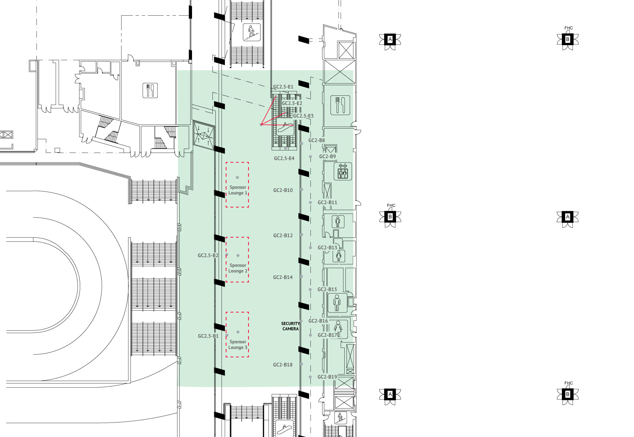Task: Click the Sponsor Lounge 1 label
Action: pyautogui.click(x=238, y=190)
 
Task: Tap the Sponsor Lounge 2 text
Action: pyautogui.click(x=238, y=268)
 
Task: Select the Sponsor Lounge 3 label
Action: pyautogui.click(x=238, y=345)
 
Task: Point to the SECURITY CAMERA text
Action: pyautogui.click(x=290, y=326)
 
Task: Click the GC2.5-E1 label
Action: pyautogui.click(x=283, y=87)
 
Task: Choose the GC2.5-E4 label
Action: pyautogui.click(x=284, y=158)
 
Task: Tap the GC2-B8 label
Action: pyautogui.click(x=317, y=140)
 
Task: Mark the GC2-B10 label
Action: pyautogui.click(x=283, y=190)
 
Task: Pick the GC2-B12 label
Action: pyautogui.click(x=283, y=236)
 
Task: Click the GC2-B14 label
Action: pyautogui.click(x=283, y=277)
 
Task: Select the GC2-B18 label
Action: pyautogui.click(x=283, y=365)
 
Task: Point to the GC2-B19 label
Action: pyautogui.click(x=327, y=377)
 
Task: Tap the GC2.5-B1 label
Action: pyautogui.click(x=208, y=336)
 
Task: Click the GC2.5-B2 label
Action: pyautogui.click(x=208, y=255)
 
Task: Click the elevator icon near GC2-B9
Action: pyautogui.click(x=343, y=171)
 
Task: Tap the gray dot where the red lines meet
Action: pyautogui.click(x=261, y=125)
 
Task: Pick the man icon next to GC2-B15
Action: pyautogui.click(x=337, y=303)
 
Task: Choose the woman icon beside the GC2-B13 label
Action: pyautogui.click(x=339, y=256)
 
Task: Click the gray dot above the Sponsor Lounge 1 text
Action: pyautogui.click(x=237, y=178)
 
